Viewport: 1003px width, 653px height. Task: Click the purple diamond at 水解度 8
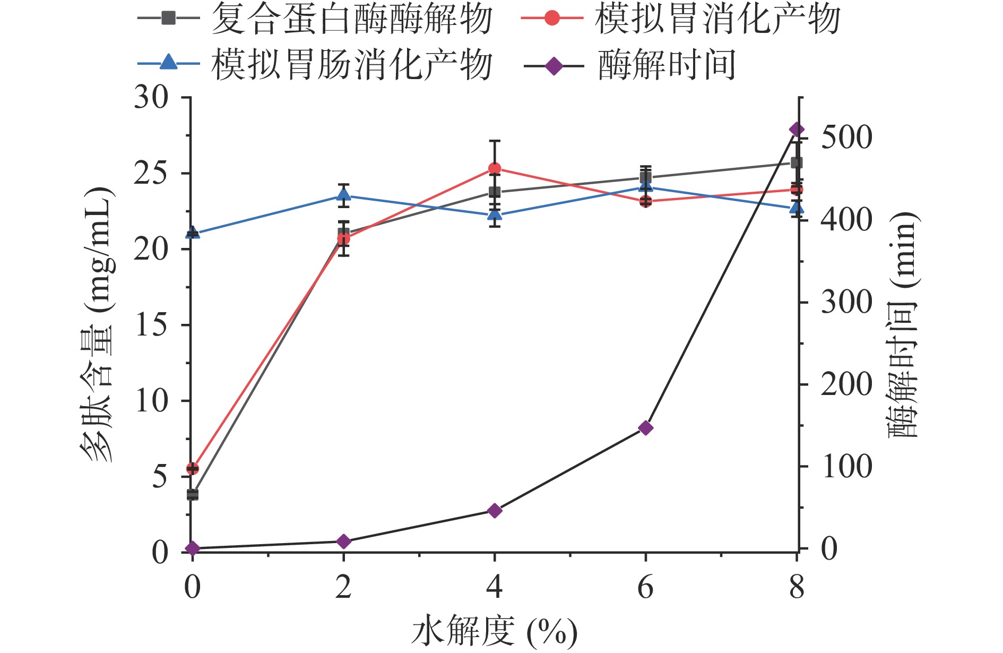797,130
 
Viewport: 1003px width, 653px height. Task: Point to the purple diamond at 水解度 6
645,428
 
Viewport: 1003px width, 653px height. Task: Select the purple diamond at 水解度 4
495,511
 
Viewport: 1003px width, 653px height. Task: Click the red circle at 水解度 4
495,169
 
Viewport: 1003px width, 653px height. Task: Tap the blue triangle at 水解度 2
343,195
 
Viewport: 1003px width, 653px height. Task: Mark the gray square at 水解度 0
193,495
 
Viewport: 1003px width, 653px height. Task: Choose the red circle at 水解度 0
193,468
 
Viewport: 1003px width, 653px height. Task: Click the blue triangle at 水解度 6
645,186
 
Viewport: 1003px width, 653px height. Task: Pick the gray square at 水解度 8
797,162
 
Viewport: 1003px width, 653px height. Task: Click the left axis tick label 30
151,98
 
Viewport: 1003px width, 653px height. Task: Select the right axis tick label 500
846,138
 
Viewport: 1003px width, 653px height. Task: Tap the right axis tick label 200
846,384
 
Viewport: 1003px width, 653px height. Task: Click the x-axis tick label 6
645,588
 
